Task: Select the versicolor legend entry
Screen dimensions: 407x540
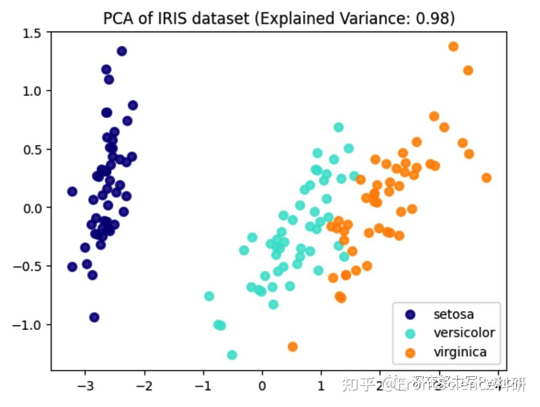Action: point(464,333)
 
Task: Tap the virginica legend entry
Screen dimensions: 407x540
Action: point(460,351)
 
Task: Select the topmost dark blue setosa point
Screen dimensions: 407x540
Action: point(121,51)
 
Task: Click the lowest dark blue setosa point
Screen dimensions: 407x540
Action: point(94,317)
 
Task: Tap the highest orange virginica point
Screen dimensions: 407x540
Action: point(453,46)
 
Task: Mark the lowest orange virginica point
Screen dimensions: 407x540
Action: point(292,347)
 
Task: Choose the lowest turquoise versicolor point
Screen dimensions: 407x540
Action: point(232,355)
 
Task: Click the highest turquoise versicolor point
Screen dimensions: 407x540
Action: point(338,127)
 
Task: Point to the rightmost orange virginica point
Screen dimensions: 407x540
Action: point(486,177)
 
